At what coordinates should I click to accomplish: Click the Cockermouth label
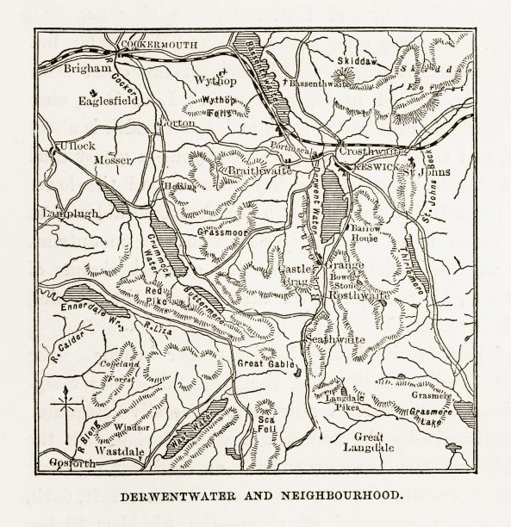pyautogui.click(x=146, y=41)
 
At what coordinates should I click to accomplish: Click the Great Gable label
pyautogui.click(x=262, y=364)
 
